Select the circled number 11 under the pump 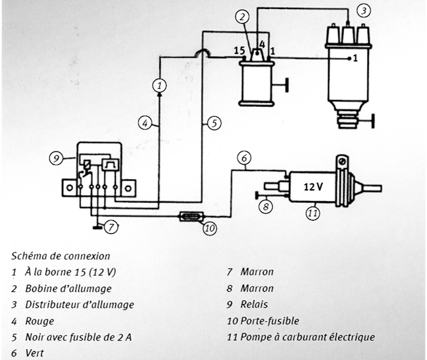click(313, 214)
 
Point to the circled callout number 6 click(243, 158)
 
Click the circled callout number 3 click(363, 10)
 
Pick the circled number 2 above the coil click(243, 17)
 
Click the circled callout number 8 click(264, 205)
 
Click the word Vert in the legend click(35, 353)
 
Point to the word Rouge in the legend click(39, 321)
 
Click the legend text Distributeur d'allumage click(80, 305)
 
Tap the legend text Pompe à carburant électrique click(307, 337)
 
